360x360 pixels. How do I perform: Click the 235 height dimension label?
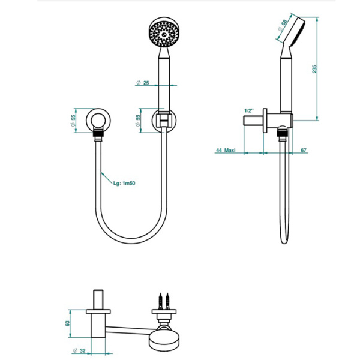[314, 69]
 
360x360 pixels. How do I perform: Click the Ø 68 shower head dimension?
[283, 25]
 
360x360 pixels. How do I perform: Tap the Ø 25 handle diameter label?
[143, 83]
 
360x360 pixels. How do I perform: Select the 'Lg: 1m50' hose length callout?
[124, 183]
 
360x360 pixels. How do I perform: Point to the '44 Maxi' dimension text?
[226, 150]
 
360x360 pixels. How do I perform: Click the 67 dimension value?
[304, 150]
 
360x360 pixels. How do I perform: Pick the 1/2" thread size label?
[249, 110]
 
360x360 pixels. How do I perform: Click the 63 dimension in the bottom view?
[67, 323]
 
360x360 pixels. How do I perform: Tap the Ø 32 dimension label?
[79, 350]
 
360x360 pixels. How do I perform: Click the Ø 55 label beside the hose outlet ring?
[73, 121]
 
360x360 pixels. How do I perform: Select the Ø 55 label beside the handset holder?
[138, 121]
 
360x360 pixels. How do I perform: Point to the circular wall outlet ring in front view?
[98, 121]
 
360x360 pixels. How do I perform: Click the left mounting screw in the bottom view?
[161, 301]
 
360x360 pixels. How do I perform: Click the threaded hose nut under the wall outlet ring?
[98, 134]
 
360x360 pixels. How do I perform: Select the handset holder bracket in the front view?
[164, 119]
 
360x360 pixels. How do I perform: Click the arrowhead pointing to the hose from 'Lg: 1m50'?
[103, 173]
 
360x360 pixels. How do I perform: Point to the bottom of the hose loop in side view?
[284, 242]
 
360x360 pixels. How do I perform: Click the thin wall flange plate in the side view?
[265, 121]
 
